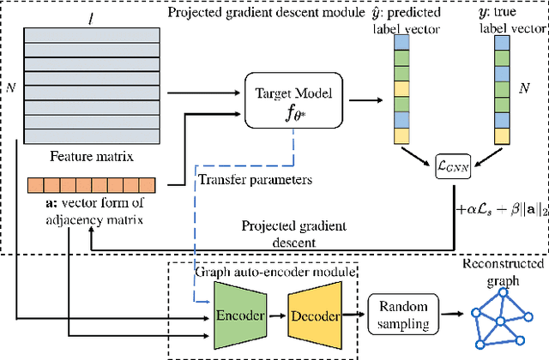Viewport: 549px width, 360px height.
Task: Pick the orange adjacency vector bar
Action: [x=89, y=184]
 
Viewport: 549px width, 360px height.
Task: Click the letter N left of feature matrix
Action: [x=10, y=86]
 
